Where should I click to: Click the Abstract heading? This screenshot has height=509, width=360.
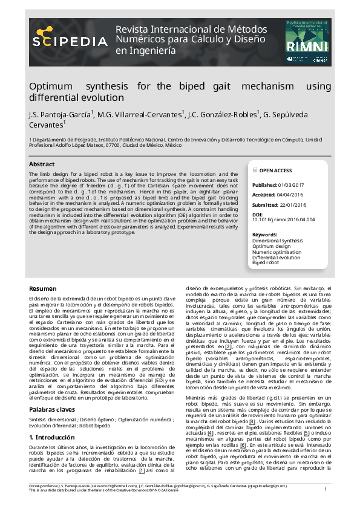42,164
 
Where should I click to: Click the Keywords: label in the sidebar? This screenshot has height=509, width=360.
264,234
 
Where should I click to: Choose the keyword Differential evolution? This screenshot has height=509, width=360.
276,258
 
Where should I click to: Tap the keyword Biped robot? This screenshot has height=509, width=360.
265,263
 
